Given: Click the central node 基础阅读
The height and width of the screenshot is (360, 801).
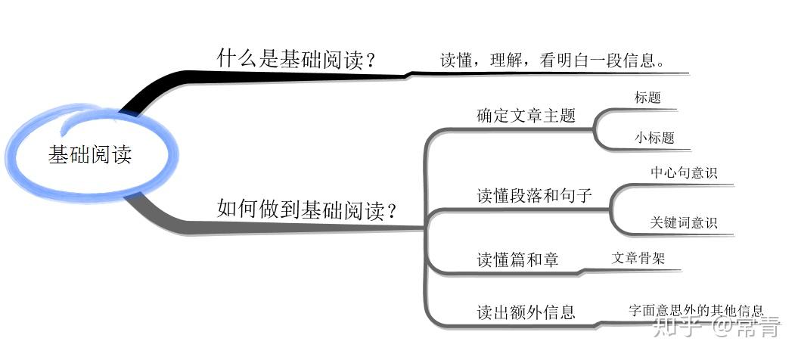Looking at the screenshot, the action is coord(90,155).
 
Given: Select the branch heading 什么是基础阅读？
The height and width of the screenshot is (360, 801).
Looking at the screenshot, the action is coord(296,59).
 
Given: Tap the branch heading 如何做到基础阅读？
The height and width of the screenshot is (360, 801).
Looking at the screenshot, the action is coord(307,208).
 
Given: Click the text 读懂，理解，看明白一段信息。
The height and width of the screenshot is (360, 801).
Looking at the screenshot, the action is coord(553,61).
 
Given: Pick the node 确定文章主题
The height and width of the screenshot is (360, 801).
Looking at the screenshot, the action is coord(526,116).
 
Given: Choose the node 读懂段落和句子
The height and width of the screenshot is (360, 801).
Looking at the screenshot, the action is coord(534,195).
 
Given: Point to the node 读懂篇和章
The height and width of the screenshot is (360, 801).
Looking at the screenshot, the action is coord(517,259).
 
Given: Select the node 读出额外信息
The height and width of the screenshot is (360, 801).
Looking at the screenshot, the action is coord(526,312).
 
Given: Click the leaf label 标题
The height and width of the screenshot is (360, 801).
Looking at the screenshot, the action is coord(647,98).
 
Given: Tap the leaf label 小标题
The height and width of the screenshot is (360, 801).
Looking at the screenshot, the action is coord(654,138).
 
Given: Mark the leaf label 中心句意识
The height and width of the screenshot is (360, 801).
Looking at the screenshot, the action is coord(683,172).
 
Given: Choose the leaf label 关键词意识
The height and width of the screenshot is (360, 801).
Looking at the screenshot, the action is coord(683,223).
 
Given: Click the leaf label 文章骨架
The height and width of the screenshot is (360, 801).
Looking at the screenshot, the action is coord(638,258).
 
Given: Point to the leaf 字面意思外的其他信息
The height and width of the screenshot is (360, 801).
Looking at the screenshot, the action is coord(696,310).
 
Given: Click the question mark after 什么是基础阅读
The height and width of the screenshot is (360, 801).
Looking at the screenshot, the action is coord(369,59).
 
